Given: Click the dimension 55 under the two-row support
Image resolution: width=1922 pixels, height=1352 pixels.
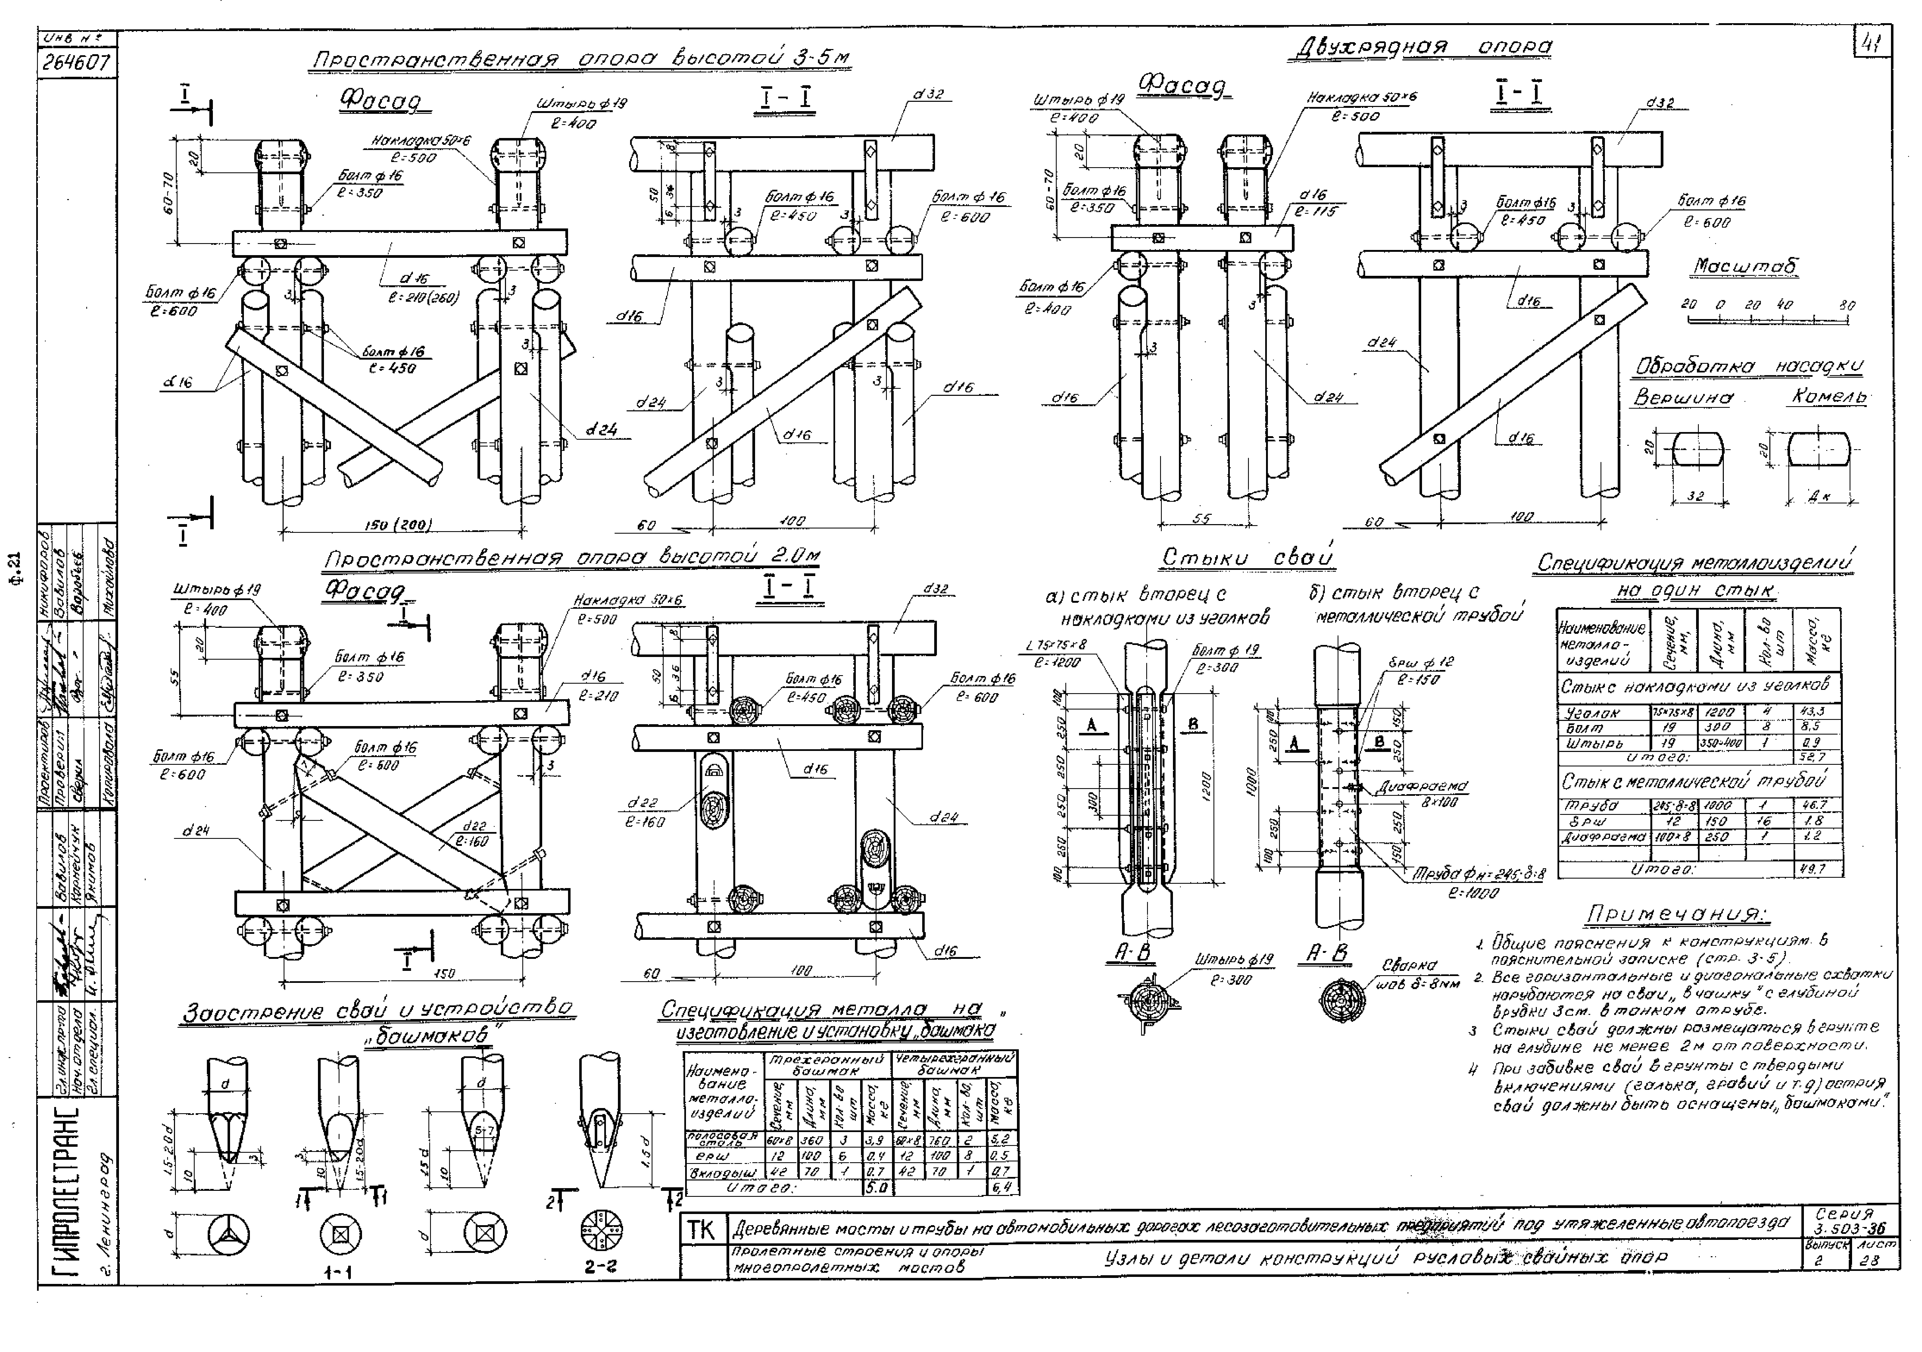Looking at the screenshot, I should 1201,519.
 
